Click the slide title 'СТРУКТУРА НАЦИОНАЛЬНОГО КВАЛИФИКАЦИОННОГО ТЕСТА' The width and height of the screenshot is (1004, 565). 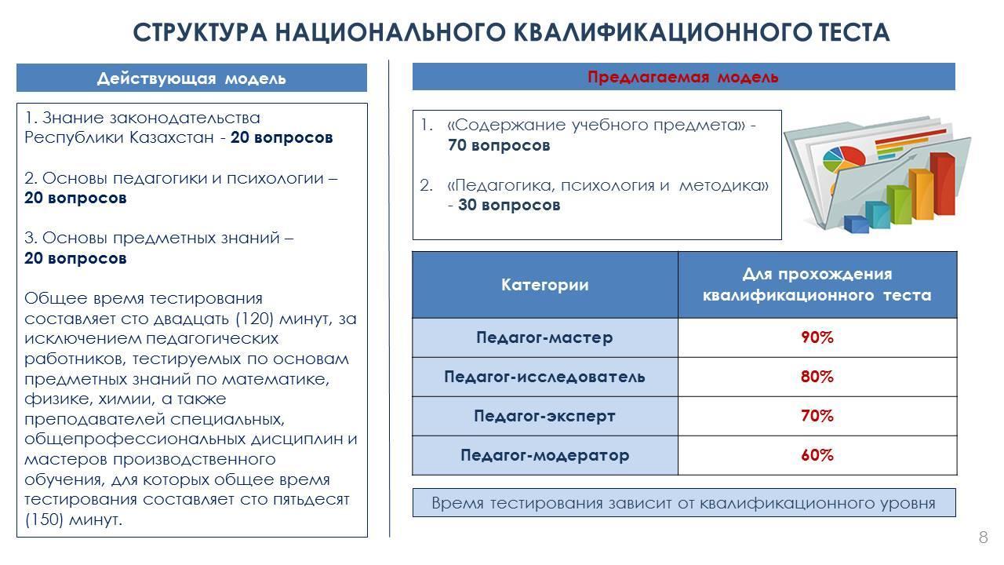click(511, 33)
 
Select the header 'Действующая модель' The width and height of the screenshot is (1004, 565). click(191, 78)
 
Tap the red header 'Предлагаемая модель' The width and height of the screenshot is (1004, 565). click(683, 77)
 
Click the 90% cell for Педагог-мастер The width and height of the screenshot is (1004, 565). click(817, 337)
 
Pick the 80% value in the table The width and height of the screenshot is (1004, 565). click(817, 377)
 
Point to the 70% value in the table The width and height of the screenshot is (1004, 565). click(817, 416)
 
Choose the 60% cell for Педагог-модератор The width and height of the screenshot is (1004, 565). click(817, 455)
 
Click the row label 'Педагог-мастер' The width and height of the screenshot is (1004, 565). click(544, 337)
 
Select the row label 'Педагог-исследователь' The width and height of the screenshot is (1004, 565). click(544, 377)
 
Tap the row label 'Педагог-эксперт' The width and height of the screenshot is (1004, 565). click(544, 416)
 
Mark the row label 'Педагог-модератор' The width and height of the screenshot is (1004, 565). click(544, 455)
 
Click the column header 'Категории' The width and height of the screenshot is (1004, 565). click(544, 285)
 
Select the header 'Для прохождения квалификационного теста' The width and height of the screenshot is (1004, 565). click(817, 285)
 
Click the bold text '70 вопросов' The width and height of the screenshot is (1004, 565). click(499, 145)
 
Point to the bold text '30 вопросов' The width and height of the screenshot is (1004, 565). click(509, 205)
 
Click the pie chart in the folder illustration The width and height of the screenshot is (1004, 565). click(843, 155)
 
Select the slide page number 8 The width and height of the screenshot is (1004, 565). click(983, 538)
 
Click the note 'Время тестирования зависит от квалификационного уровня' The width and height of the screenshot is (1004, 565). click(683, 503)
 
